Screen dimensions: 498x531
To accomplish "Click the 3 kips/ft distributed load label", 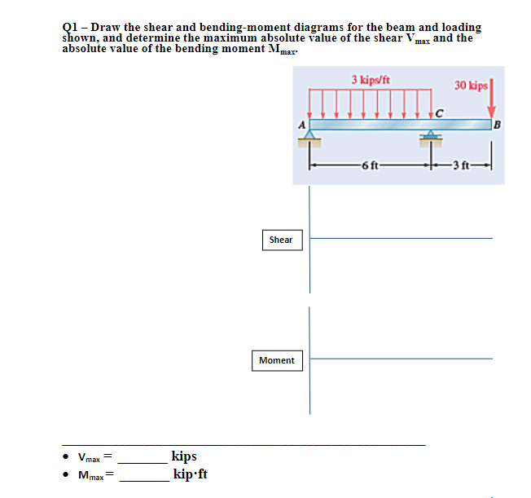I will tap(371, 80).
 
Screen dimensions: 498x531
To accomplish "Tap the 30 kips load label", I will tap(472, 86).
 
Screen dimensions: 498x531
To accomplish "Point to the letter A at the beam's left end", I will tap(301, 123).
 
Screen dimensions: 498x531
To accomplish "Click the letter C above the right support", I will tap(440, 112).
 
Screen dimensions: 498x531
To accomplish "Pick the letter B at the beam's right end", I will tap(498, 124).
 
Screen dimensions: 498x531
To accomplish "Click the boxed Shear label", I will tap(281, 240).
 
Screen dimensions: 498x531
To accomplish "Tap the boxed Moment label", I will tap(277, 360).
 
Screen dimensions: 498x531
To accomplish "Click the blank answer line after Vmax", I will tap(143, 461).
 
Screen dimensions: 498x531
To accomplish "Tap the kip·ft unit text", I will tap(190, 474).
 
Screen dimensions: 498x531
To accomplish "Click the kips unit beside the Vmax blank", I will tap(184, 456).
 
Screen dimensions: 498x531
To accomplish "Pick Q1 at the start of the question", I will tap(70, 28).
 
